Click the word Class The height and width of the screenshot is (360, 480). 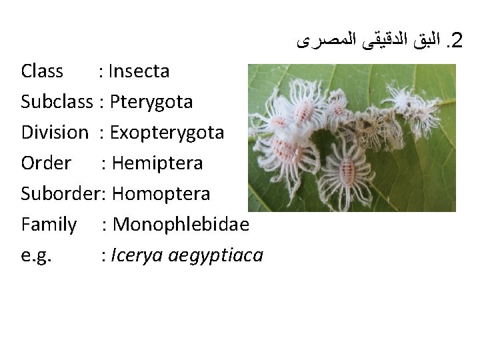point(42,71)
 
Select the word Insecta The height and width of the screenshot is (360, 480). point(140,71)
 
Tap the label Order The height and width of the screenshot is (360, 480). point(46,163)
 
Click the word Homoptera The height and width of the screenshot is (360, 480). point(161,193)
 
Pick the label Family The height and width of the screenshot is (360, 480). point(49,224)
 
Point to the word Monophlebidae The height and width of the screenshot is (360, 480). point(181,224)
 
